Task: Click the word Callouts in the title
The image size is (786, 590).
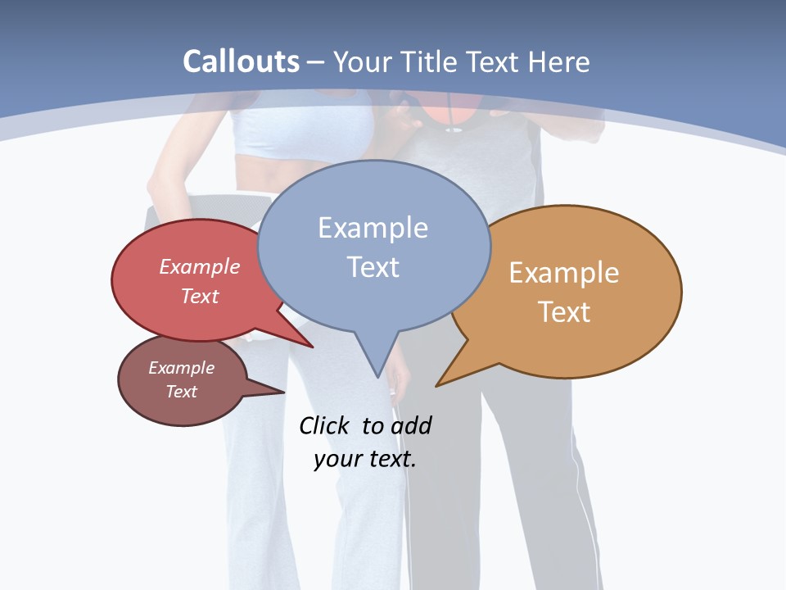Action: pyautogui.click(x=241, y=61)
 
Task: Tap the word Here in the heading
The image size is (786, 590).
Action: pyautogui.click(x=558, y=61)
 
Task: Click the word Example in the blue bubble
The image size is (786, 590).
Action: pyautogui.click(x=373, y=228)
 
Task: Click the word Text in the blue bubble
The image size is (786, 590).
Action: pyautogui.click(x=373, y=267)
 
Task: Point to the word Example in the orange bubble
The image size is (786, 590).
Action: pyautogui.click(x=564, y=273)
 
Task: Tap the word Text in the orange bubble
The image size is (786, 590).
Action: pyautogui.click(x=564, y=312)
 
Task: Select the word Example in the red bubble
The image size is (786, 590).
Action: pyautogui.click(x=200, y=266)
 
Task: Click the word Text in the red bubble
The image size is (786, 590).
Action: pyautogui.click(x=200, y=296)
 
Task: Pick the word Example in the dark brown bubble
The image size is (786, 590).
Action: pyautogui.click(x=181, y=368)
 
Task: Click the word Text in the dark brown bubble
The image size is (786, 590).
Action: pyautogui.click(x=181, y=392)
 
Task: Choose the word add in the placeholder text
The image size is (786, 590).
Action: pyautogui.click(x=411, y=425)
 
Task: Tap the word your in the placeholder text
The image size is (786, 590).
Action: pyautogui.click(x=337, y=459)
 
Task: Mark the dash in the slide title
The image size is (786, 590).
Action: pyautogui.click(x=316, y=61)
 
